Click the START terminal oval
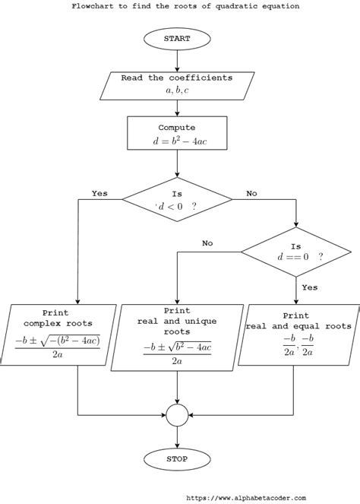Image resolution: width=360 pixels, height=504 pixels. coord(177,38)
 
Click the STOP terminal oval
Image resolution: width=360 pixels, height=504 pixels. coord(177,458)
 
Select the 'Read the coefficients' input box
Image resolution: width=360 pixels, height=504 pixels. coord(177,84)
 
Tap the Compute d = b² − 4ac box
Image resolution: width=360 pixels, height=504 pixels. coord(177,134)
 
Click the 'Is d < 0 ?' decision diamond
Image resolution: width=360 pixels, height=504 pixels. coord(177,200)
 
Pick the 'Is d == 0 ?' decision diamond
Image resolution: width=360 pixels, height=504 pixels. coord(295,251)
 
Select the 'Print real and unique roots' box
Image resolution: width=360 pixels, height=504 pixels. coord(177,337)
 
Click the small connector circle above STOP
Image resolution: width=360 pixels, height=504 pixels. coord(177,415)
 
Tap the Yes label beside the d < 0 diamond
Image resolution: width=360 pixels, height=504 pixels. coord(99,193)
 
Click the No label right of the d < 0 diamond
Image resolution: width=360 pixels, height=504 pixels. coord(251,193)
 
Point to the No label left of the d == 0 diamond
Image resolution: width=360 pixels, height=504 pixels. coord(207,243)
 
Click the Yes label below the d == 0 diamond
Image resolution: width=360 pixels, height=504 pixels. coord(309,287)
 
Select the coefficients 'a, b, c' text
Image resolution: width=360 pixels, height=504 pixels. coord(177,90)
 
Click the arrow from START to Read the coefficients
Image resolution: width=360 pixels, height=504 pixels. coord(177,60)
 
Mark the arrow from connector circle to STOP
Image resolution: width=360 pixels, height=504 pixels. coord(177,436)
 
